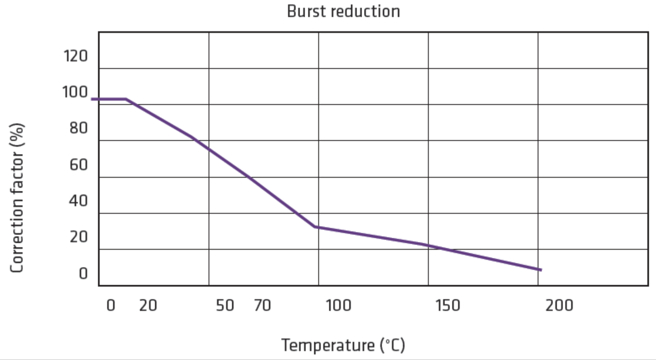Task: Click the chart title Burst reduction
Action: click(343, 11)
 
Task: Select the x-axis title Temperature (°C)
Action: click(343, 345)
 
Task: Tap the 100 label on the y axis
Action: click(75, 92)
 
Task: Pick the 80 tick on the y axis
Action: click(78, 128)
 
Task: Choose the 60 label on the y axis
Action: click(78, 165)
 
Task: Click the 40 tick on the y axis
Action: click(78, 201)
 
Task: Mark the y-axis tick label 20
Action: click(78, 237)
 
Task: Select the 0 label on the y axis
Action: click(83, 273)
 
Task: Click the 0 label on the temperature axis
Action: click(111, 305)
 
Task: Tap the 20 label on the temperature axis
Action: click(148, 305)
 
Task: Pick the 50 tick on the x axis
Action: click(225, 305)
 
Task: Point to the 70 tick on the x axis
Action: click(262, 305)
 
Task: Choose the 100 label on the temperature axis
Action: click(338, 305)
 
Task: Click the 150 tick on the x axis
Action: click(448, 305)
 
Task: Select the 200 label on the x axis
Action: click(559, 305)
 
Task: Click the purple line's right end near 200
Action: click(540, 270)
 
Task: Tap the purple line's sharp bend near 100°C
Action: click(316, 227)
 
